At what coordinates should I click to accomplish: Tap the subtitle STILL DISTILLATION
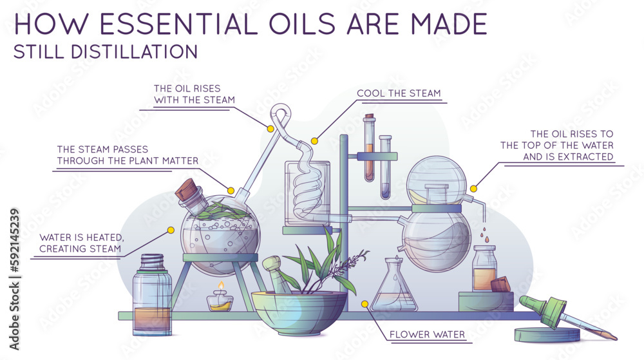pyautogui.click(x=105, y=52)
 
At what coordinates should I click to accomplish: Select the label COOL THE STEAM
pyautogui.click(x=399, y=93)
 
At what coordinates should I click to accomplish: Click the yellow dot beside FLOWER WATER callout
pyautogui.click(x=365, y=303)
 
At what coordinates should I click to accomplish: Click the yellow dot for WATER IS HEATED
pyautogui.click(x=171, y=230)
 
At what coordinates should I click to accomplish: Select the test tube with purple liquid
pyautogui.click(x=385, y=167)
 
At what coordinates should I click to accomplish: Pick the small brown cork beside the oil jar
pyautogui.click(x=500, y=285)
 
